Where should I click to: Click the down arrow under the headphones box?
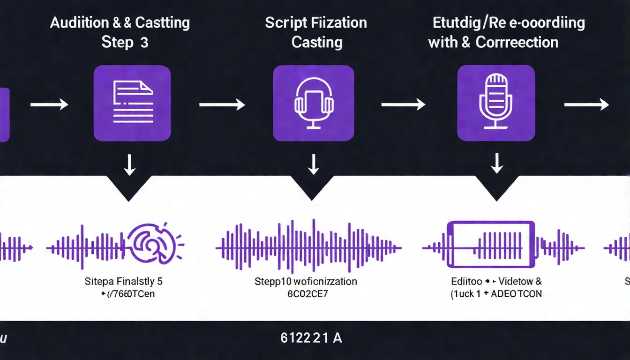point(313,164)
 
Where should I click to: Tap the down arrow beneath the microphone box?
point(496,164)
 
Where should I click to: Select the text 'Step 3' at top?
point(125,42)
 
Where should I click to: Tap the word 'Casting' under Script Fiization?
point(317,42)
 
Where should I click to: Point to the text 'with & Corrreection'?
point(493,42)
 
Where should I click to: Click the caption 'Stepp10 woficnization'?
point(306,282)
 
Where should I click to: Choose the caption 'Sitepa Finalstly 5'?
point(124,282)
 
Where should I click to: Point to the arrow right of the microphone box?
point(586,105)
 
